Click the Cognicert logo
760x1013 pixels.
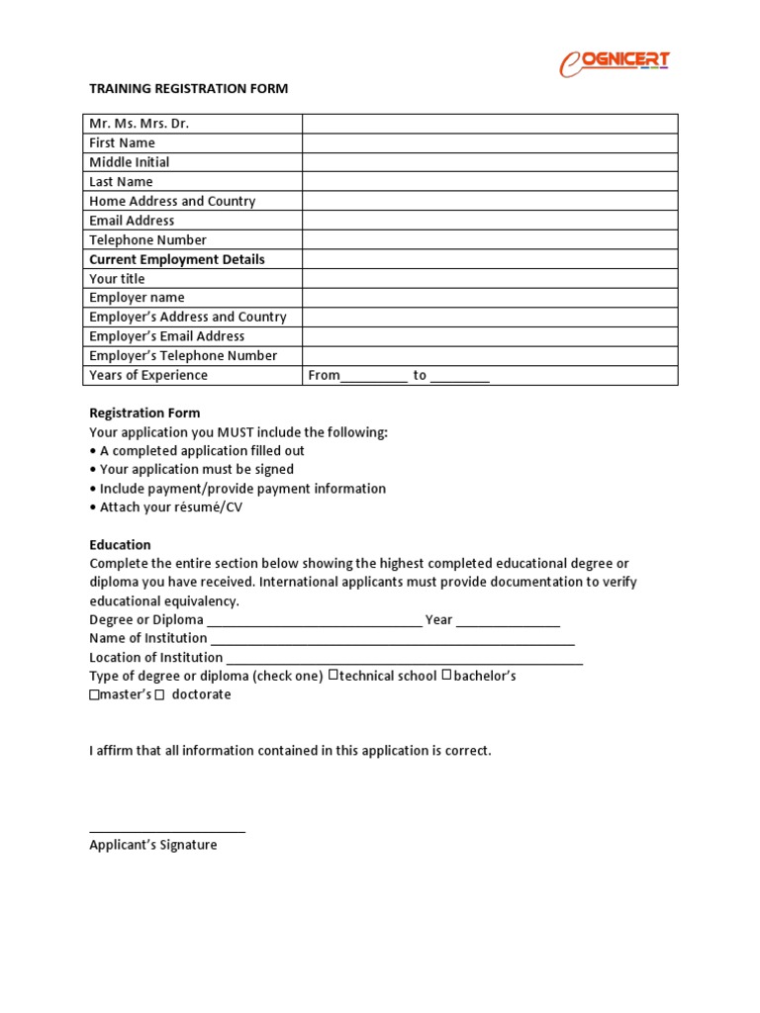coord(615,62)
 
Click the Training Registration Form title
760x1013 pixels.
coord(188,88)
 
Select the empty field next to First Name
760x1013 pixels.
coord(490,142)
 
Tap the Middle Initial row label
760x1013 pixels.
coord(130,162)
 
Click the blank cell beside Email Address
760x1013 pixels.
coord(490,221)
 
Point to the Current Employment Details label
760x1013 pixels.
coord(177,259)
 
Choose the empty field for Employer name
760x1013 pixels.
coord(490,298)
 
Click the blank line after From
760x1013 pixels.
coord(374,377)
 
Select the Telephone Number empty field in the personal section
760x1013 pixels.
coord(490,239)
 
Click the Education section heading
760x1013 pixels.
coord(120,544)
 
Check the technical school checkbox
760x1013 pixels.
coord(333,676)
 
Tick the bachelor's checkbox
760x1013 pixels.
coord(447,676)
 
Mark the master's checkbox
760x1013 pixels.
coord(94,695)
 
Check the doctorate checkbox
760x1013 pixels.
coord(159,695)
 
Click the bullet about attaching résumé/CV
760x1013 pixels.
coord(170,507)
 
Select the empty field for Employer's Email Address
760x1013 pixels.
coord(490,336)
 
